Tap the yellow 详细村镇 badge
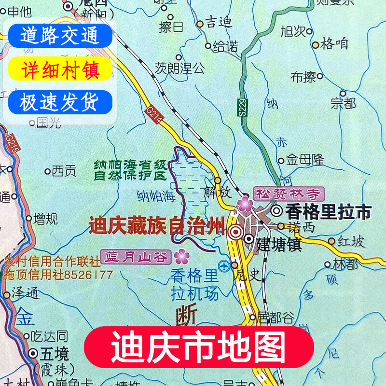point(59,69)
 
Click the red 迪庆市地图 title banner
point(199,346)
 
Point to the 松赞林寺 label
point(288,194)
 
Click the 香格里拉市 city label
point(328,211)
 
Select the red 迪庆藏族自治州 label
point(157,226)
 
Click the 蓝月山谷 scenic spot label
point(136,256)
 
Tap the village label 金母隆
point(305,160)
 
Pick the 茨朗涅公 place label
point(179,68)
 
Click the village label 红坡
point(351,242)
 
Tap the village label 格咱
point(334,44)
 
